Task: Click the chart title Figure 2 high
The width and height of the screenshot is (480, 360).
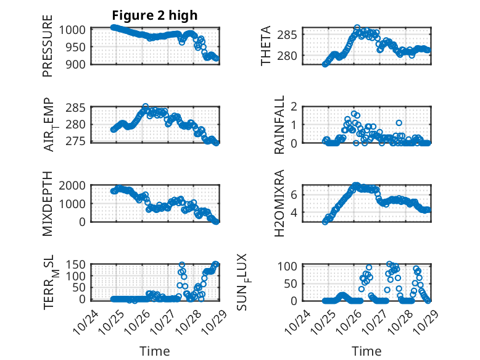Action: coord(154,15)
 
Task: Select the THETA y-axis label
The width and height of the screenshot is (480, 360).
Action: coord(266,46)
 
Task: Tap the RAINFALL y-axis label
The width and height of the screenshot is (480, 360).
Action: coord(279,125)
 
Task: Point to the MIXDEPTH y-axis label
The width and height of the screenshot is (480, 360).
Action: coord(48,203)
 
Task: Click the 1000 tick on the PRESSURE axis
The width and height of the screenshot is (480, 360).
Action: coord(75,30)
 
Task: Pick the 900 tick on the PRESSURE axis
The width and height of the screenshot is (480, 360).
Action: coord(78,64)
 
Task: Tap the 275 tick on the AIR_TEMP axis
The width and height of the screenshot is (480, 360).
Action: coord(78,142)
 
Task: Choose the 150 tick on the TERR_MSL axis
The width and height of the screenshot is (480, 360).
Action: coord(78,266)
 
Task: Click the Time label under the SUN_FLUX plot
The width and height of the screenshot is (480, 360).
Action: coord(367,351)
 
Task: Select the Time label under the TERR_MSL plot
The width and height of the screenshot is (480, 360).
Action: coord(155,351)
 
